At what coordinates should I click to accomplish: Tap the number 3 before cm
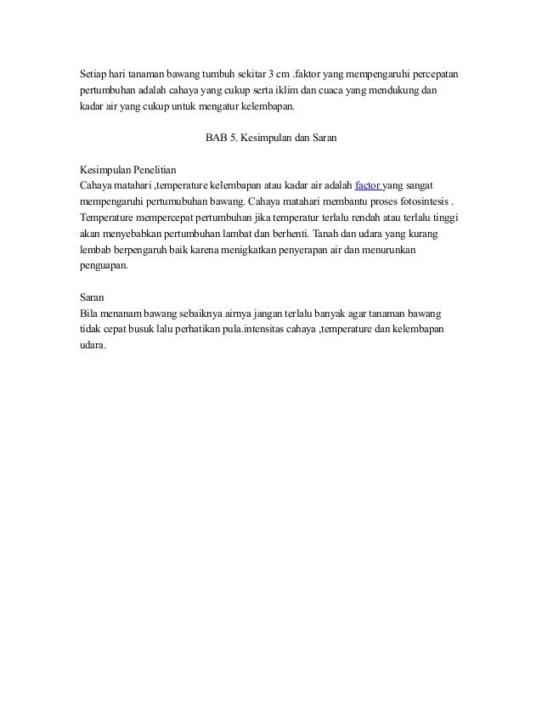(x=270, y=69)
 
